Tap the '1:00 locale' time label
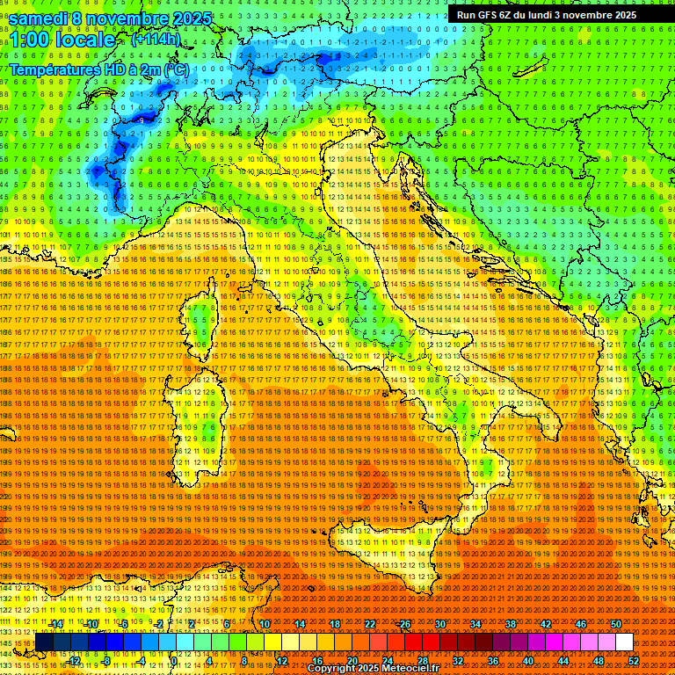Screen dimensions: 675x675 (62, 40)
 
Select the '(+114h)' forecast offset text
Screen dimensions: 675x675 (156, 40)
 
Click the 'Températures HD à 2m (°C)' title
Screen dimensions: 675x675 (99, 69)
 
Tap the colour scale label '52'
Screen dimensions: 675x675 (633, 661)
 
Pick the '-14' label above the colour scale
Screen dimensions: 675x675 (56, 624)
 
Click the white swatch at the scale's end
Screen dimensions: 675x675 (624, 642)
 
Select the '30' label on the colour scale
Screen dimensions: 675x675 (439, 624)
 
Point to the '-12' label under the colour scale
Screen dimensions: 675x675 (74, 661)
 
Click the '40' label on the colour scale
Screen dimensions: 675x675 (527, 661)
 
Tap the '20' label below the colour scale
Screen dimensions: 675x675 (352, 661)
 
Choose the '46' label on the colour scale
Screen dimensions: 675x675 (580, 624)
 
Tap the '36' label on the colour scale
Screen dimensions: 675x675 (492, 661)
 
